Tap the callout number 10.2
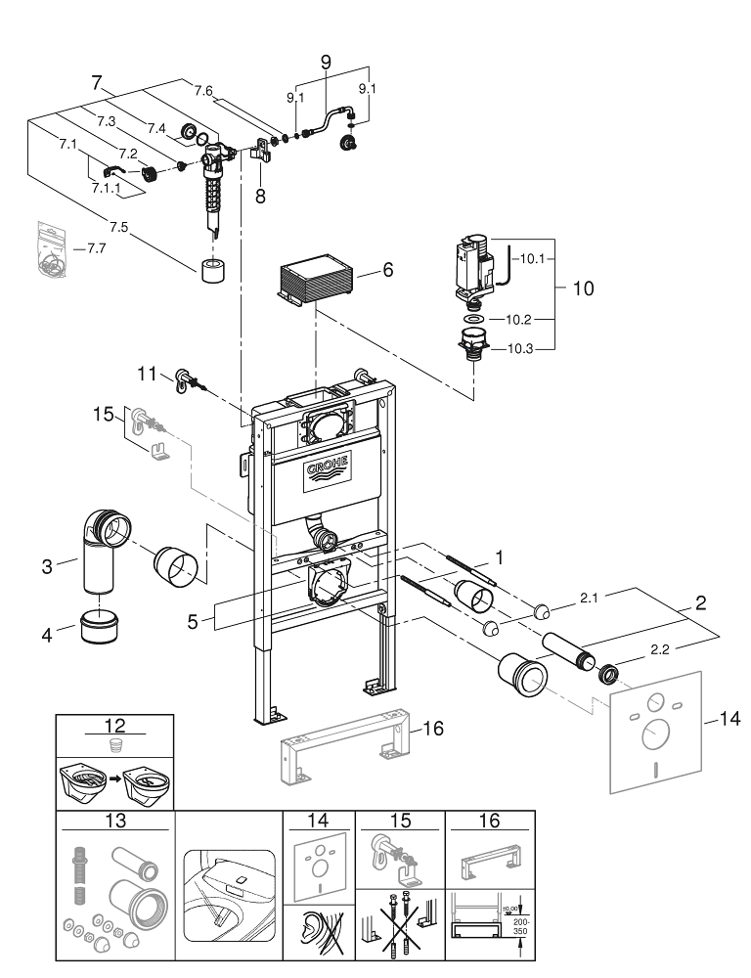pyautogui.click(x=517, y=318)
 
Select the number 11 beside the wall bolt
pyautogui.click(x=148, y=373)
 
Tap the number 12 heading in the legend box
pyautogui.click(x=114, y=728)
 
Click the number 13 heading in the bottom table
pyautogui.click(x=114, y=820)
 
